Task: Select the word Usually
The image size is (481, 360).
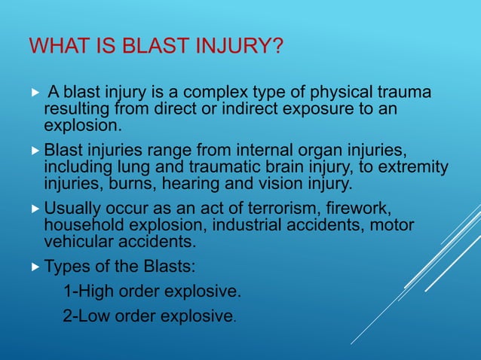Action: [x=73, y=208]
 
